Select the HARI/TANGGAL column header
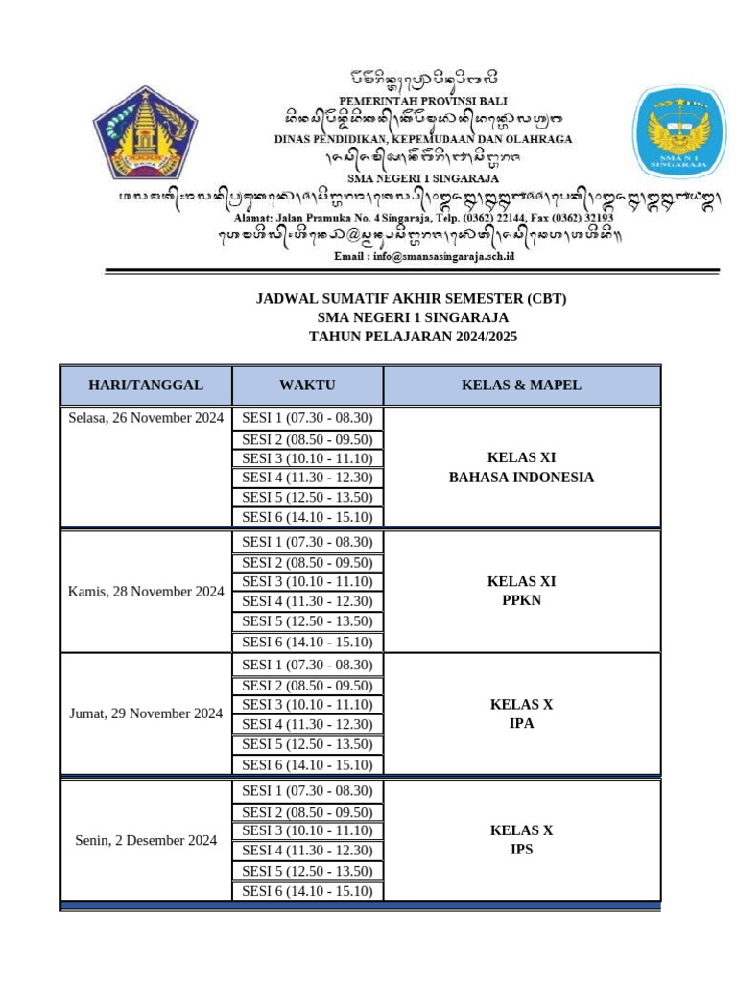click(x=146, y=386)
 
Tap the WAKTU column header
click(x=307, y=386)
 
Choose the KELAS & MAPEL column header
click(x=521, y=386)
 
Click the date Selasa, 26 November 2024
click(x=146, y=418)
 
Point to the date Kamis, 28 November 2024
click(x=146, y=592)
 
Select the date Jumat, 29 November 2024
click(x=146, y=713)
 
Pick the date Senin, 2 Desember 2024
click(x=146, y=841)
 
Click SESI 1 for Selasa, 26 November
click(x=307, y=418)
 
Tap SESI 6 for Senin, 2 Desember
click(x=307, y=891)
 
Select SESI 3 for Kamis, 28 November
click(x=307, y=582)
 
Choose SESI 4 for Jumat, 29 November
click(x=307, y=725)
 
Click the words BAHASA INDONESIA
click(x=521, y=477)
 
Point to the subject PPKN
click(x=521, y=600)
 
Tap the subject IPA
click(x=521, y=723)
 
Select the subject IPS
click(x=521, y=850)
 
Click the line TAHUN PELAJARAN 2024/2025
click(x=412, y=337)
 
